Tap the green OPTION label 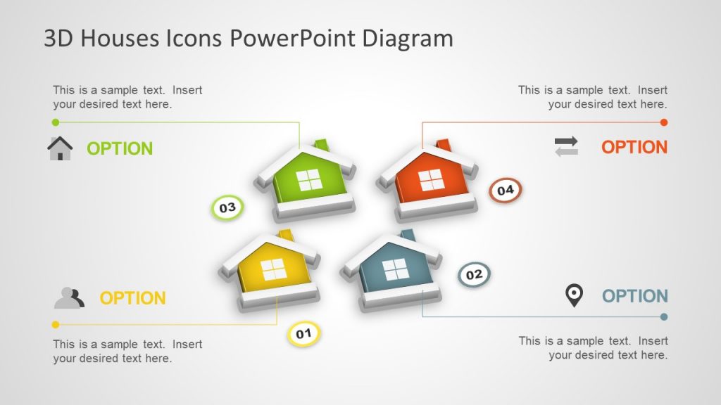(120, 148)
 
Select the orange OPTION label (634, 147)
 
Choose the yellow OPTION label (132, 298)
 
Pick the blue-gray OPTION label (634, 296)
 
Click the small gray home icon (60, 148)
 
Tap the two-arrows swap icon (566, 146)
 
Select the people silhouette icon (69, 298)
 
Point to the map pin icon (575, 295)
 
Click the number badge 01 (303, 334)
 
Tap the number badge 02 (474, 274)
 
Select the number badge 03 (227, 207)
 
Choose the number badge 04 (506, 190)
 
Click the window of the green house (309, 181)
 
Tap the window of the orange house (432, 180)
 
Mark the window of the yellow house (273, 269)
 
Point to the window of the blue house (395, 269)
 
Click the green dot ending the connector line (56, 122)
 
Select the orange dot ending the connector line (664, 122)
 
